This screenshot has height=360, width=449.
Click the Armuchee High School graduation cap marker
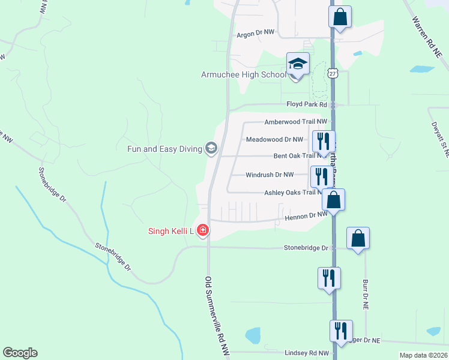[x=298, y=63]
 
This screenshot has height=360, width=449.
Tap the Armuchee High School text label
[x=243, y=75]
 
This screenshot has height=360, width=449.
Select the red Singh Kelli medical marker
[x=203, y=230]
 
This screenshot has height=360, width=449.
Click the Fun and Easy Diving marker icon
[x=211, y=148]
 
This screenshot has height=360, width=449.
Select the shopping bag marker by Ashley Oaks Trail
[x=334, y=200]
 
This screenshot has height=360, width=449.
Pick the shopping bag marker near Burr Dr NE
[x=358, y=238]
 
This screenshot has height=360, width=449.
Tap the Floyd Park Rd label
[x=306, y=104]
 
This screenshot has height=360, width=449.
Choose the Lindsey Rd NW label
[x=307, y=353]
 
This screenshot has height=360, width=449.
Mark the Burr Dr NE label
[x=364, y=293]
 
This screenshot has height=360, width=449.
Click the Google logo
[x=20, y=353]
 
